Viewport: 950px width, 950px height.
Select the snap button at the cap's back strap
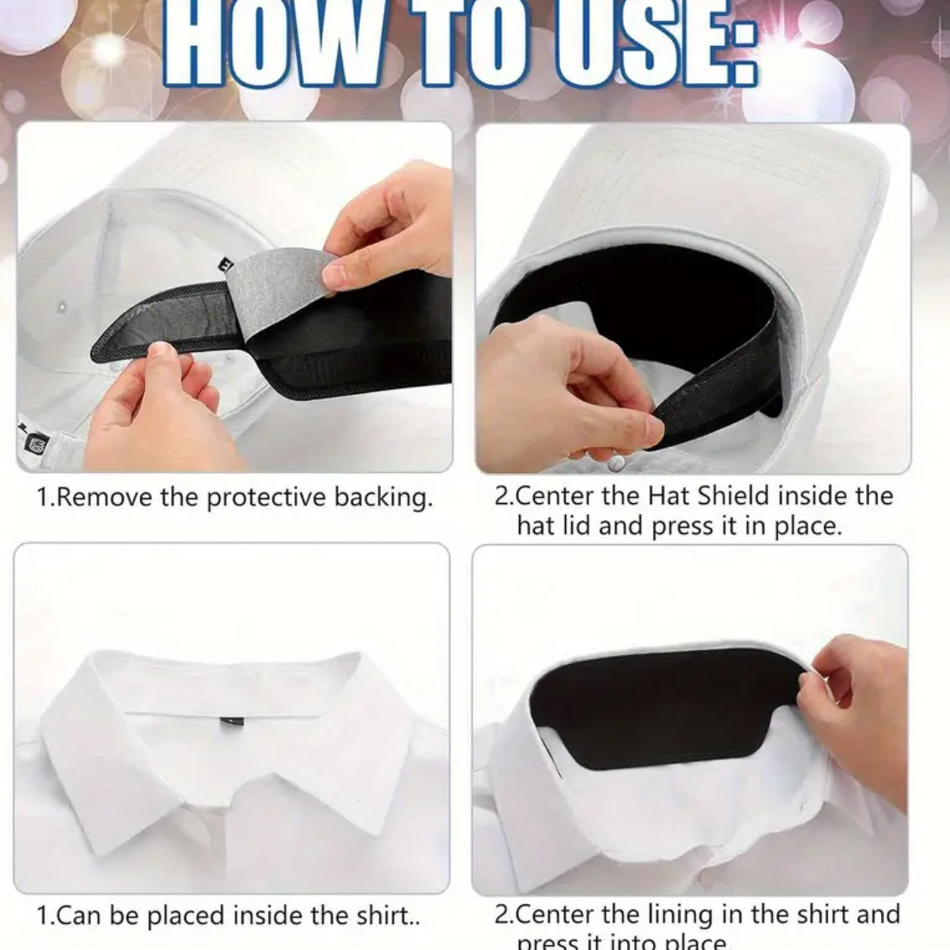point(617,462)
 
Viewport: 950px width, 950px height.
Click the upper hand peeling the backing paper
point(394,226)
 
